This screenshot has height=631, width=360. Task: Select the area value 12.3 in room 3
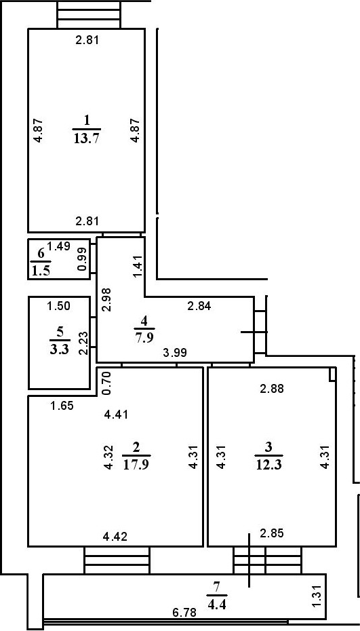[x=269, y=465]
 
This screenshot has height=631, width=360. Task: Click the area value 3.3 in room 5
[x=60, y=350]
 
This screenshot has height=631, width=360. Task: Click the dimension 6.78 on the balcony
[x=184, y=612]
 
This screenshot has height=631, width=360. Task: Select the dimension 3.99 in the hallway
[x=175, y=353]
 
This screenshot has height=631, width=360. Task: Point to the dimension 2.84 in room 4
[x=199, y=306]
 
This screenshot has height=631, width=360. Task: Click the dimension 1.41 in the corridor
[x=137, y=266]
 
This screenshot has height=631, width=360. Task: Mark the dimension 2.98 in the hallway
[x=105, y=300]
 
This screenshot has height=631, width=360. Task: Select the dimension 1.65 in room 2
[x=62, y=406]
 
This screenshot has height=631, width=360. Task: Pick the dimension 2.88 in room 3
[x=272, y=389]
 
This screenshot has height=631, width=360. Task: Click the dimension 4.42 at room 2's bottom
[x=115, y=537]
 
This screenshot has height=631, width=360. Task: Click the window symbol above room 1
[x=89, y=14]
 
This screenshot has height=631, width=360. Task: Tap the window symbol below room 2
[x=116, y=560]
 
